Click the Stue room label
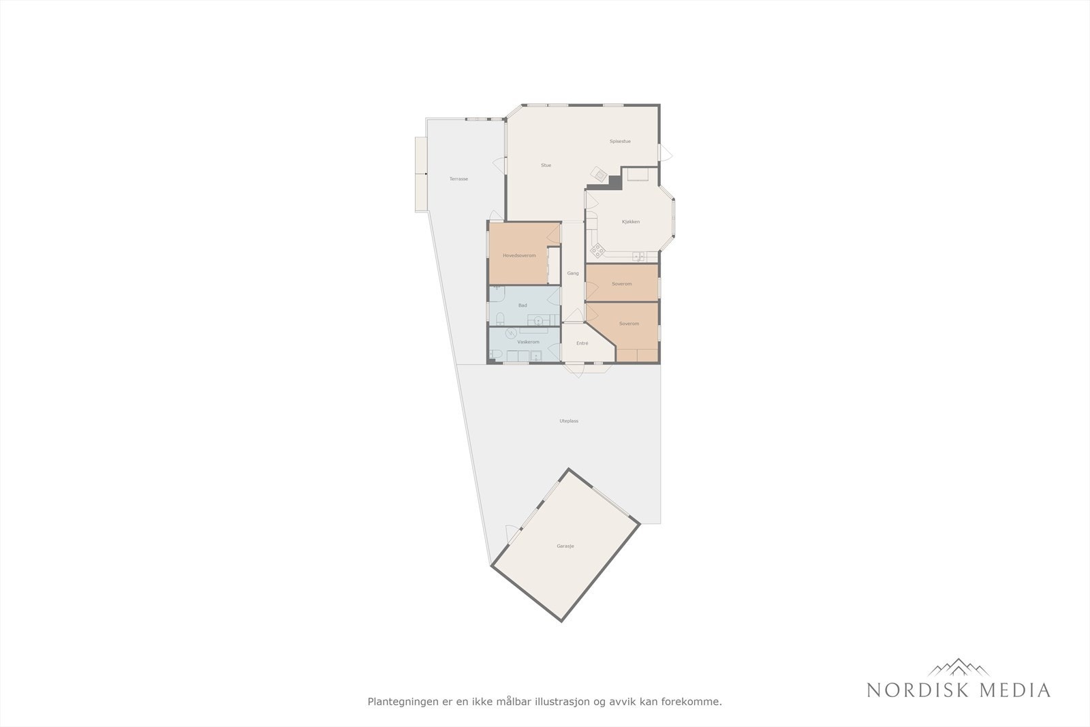[x=546, y=166]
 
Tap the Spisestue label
[x=620, y=141]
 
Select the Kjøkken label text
[x=631, y=221]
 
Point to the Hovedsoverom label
[x=519, y=256]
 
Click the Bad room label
[x=523, y=305]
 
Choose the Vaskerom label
[x=528, y=342]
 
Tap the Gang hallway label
[x=573, y=273]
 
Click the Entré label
[x=582, y=343]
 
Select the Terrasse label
[x=458, y=179]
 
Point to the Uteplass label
[x=569, y=421]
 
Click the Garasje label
[x=565, y=546]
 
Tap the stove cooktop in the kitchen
[x=597, y=251]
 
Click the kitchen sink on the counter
[x=638, y=256]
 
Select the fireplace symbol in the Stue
[x=599, y=174]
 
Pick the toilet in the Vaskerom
[x=497, y=354]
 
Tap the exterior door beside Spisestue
[x=665, y=153]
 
